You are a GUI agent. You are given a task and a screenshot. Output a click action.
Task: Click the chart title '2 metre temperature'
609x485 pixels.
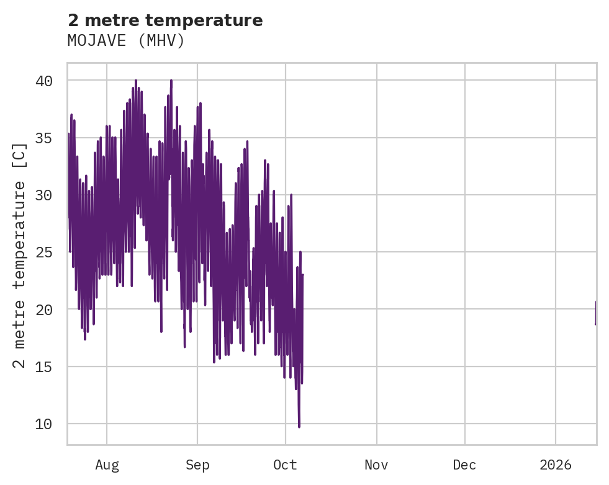tap(165, 20)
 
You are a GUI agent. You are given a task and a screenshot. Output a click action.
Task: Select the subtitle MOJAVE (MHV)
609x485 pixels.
tap(126, 41)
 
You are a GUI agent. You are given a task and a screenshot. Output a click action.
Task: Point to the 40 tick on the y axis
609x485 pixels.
tap(43, 81)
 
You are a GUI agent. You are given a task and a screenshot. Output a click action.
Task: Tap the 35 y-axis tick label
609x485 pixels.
tap(43, 138)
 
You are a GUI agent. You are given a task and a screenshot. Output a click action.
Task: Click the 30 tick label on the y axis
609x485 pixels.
tap(43, 195)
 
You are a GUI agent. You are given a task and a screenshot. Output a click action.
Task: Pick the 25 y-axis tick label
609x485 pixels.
tap(43, 252)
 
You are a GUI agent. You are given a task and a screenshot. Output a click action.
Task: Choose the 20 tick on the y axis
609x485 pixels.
tap(43, 309)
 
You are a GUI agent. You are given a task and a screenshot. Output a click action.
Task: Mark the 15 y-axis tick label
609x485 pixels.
tap(43, 367)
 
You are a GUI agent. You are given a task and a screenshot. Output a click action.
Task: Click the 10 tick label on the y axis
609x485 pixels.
tap(43, 424)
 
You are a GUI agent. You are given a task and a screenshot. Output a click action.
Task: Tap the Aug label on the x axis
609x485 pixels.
tap(107, 465)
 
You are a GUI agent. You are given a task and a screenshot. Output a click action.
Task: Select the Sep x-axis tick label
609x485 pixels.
tap(197, 465)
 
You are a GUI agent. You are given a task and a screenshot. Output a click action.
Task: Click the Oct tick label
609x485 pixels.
tap(286, 465)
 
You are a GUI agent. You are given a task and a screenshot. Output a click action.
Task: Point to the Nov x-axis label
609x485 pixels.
tap(377, 465)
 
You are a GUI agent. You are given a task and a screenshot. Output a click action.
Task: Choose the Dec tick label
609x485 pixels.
tap(465, 465)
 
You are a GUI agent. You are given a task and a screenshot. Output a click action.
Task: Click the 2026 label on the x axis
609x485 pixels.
tap(556, 465)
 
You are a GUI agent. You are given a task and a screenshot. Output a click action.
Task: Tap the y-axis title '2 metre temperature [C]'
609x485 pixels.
tap(20, 255)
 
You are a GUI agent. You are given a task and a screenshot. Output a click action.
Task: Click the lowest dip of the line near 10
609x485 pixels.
tap(299, 425)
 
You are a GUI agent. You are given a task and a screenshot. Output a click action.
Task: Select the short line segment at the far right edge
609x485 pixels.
tap(595, 313)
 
